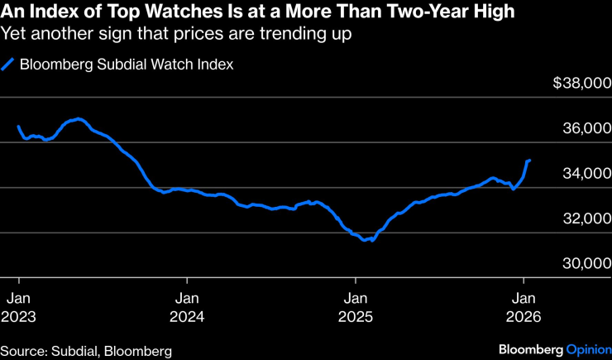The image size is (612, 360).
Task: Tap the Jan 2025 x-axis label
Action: [x=355, y=307]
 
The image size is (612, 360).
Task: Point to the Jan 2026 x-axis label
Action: [x=523, y=307]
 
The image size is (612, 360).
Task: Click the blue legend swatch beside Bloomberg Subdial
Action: [x=8, y=65]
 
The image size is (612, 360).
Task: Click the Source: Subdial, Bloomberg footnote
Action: [x=86, y=351]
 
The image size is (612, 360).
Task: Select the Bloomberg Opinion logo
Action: [x=551, y=350]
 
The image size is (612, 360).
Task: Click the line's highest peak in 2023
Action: [x=79, y=119]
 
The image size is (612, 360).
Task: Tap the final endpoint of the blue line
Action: [x=529, y=160]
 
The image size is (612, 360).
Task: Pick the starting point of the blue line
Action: [x=18, y=127]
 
